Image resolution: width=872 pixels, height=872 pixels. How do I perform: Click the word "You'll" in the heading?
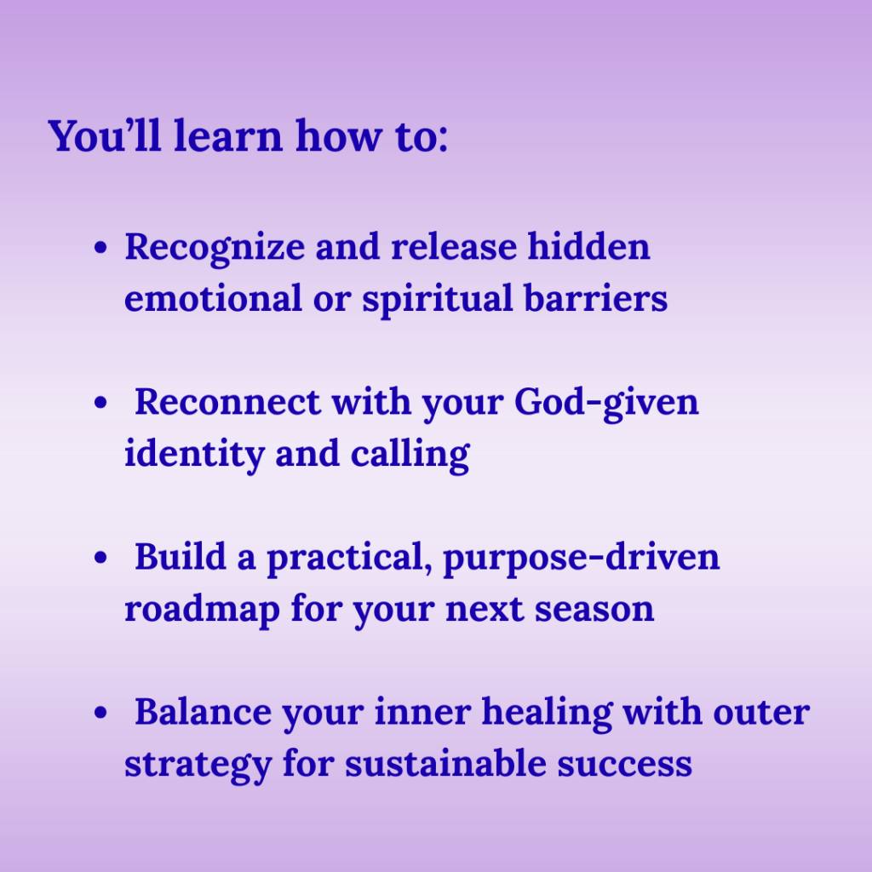tap(105, 135)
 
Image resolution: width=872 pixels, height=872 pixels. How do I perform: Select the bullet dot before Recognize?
tap(100, 248)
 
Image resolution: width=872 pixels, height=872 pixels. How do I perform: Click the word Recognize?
tap(215, 249)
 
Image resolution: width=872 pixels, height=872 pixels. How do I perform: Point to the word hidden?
tap(588, 246)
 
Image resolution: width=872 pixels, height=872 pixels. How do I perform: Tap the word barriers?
tap(595, 297)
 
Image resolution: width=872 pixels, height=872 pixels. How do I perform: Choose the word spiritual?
tap(437, 300)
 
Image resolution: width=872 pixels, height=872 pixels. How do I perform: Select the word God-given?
tap(606, 403)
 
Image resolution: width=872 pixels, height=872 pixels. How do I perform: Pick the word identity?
tap(193, 455)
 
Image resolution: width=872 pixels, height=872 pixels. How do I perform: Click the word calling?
tap(410, 455)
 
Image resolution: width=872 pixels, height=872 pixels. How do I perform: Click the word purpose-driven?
tap(581, 559)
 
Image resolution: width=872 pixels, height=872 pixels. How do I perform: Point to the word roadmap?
tap(202, 610)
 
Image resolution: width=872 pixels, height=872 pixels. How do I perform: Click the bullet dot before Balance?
tap(100, 713)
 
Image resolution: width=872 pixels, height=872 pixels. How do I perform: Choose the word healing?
tap(547, 714)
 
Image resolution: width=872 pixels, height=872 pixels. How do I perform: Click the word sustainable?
tap(445, 763)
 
